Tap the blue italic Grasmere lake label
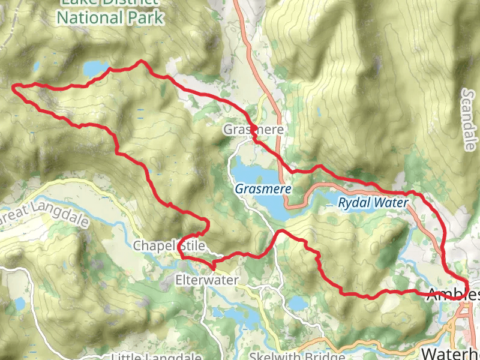point(263,188)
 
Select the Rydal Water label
point(373,203)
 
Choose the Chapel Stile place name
point(169,246)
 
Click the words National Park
point(110,17)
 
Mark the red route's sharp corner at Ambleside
point(467,282)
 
